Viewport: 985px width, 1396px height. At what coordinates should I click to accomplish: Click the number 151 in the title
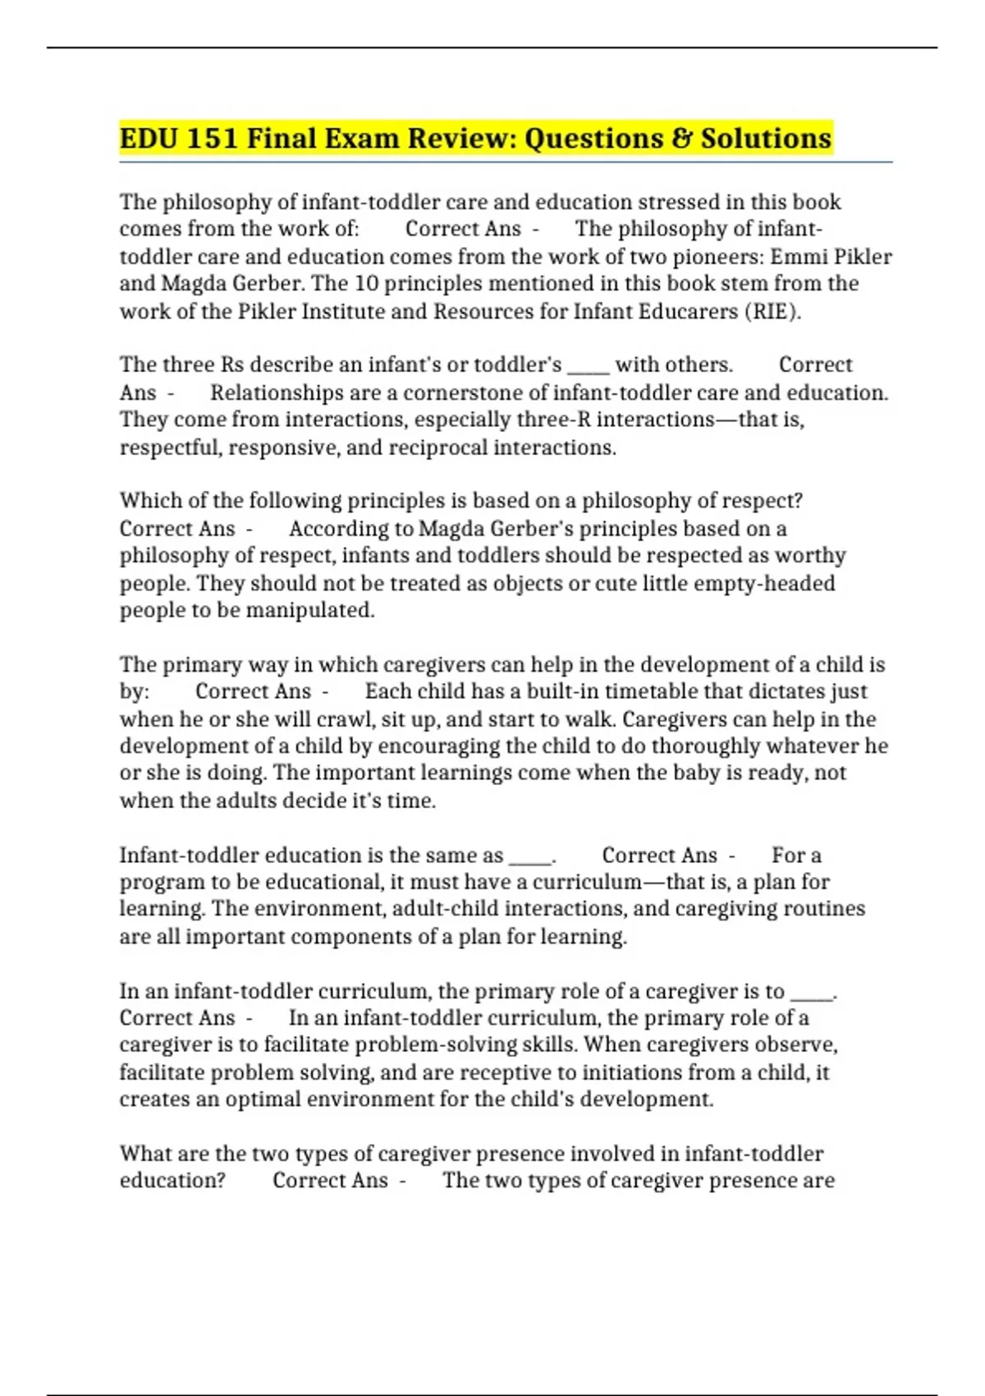(212, 138)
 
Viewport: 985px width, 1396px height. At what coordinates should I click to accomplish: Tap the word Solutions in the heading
(765, 138)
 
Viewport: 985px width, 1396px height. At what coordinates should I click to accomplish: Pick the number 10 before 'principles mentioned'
(367, 283)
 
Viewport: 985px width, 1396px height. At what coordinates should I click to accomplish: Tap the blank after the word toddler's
(588, 365)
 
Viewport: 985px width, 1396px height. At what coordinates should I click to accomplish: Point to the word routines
(824, 908)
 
